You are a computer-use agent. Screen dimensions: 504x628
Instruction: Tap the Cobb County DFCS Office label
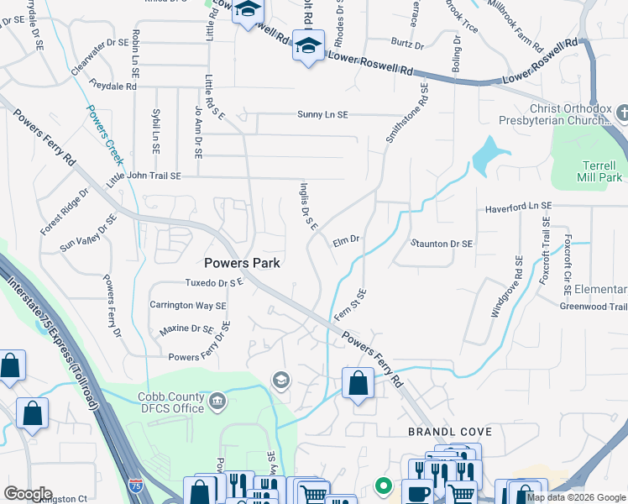[171, 402]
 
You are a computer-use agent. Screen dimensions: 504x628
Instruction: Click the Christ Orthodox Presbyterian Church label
[566, 114]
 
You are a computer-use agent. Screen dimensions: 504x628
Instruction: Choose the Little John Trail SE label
[144, 177]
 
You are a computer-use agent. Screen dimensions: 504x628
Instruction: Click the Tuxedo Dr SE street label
[214, 283]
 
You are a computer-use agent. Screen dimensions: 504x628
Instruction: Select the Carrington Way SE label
[188, 306]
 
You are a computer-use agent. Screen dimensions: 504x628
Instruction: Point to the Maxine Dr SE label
[186, 329]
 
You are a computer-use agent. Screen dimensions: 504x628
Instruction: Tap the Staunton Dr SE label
[442, 244]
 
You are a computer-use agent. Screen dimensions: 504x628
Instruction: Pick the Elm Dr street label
[346, 239]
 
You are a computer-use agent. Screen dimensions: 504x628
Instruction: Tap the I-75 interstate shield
[136, 486]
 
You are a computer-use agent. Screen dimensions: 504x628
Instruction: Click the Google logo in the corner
[27, 494]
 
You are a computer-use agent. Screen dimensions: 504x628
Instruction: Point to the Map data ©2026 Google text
[576, 497]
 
